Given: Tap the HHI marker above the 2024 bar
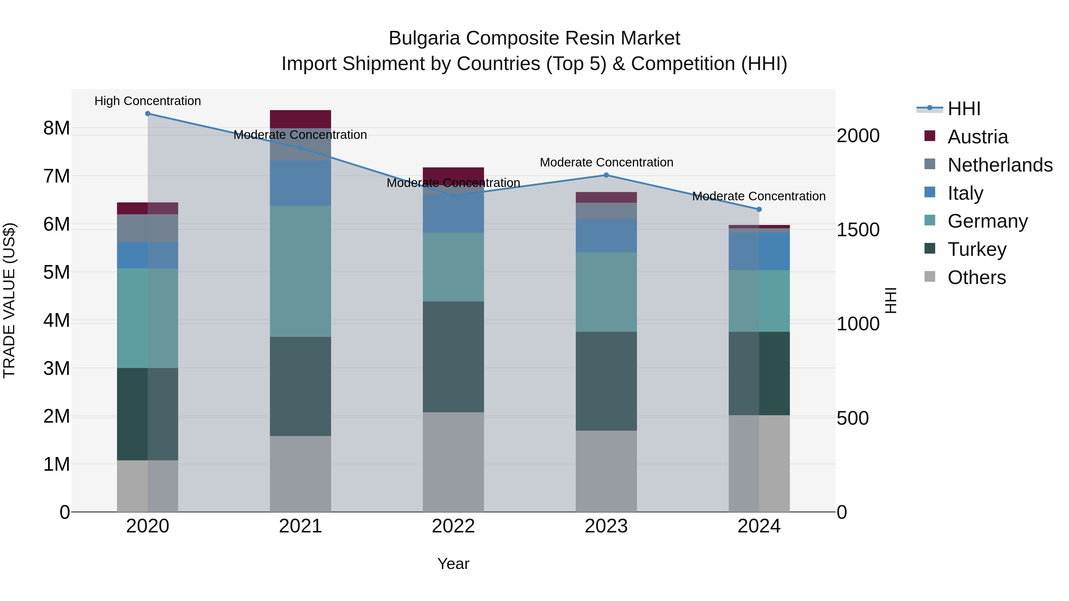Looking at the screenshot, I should tap(759, 210).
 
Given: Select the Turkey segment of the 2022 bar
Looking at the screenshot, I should tap(453, 357).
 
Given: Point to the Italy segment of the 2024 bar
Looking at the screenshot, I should tap(759, 251).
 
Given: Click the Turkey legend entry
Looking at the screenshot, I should tap(977, 249).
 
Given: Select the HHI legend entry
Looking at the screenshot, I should tap(964, 109).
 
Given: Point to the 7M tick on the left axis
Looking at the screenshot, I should tap(56, 176).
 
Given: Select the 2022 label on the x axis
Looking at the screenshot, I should tap(453, 526).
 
